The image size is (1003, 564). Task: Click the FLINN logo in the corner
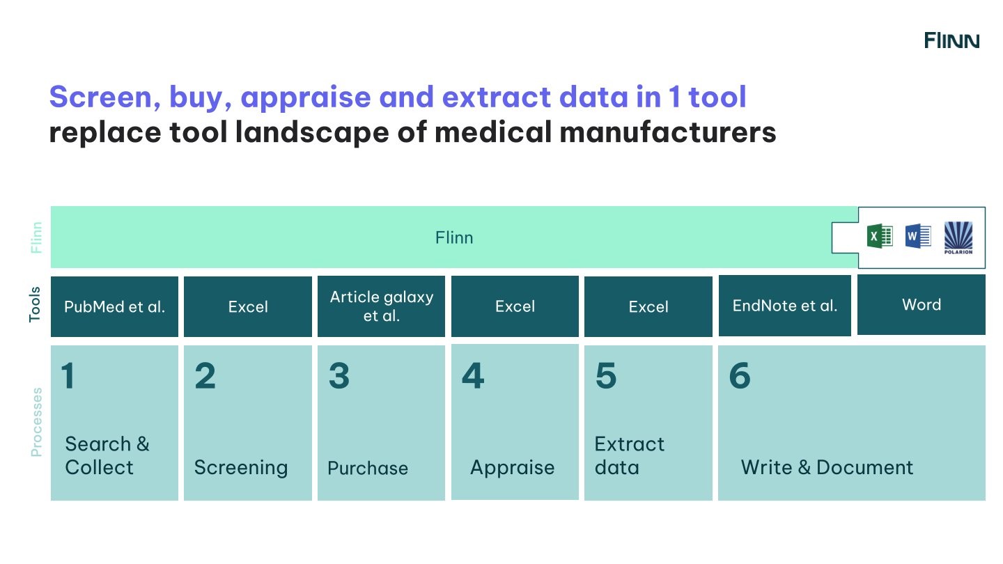point(951,40)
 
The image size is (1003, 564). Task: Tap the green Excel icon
point(879,237)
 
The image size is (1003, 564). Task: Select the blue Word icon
point(917,237)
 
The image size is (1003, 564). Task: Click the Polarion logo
point(958,237)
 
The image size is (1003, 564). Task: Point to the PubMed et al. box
point(114,306)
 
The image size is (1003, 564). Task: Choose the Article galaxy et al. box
point(381,306)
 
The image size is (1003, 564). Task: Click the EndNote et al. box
point(784,306)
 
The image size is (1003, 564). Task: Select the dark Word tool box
point(921,304)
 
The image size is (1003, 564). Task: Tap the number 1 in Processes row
point(68,376)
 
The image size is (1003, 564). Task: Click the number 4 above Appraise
point(472,376)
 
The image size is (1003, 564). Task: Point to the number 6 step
point(739,376)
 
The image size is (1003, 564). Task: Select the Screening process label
point(240,467)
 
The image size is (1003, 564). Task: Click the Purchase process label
point(368,468)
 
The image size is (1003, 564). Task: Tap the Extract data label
point(629,455)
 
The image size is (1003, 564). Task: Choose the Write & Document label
point(826,467)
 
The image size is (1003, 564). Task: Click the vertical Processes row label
point(36,422)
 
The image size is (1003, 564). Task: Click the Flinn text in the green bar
point(454,237)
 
